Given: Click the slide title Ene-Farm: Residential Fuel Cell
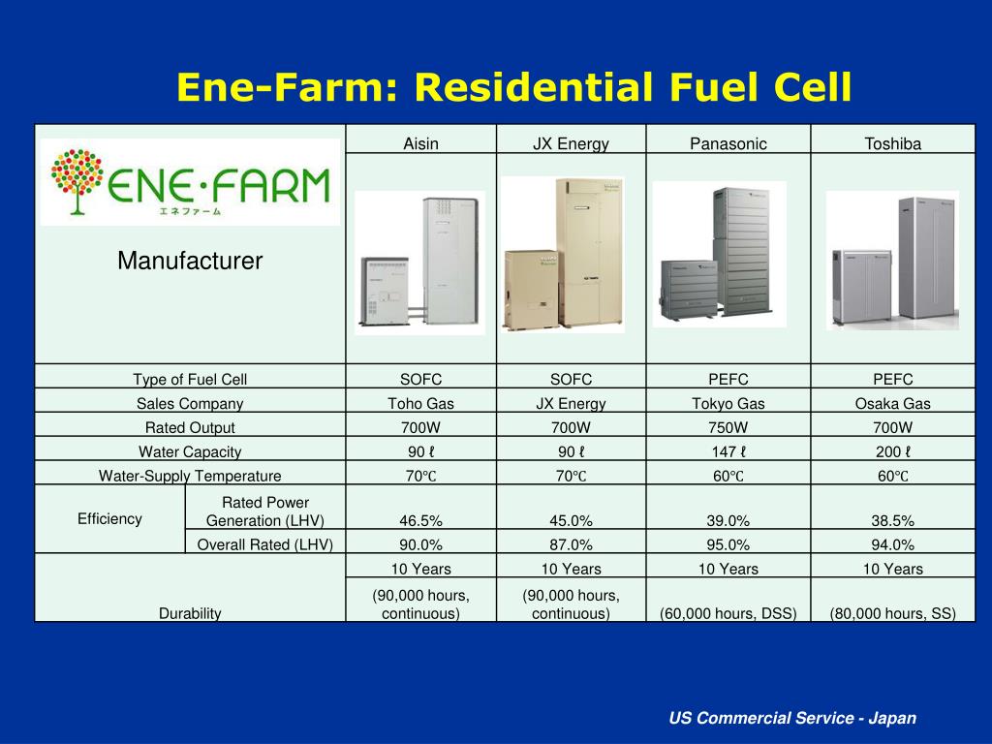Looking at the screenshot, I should click(513, 87).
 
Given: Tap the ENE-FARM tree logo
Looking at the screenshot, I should click(191, 182).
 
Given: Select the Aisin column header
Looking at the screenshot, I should click(420, 143).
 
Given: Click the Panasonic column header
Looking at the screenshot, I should click(728, 143).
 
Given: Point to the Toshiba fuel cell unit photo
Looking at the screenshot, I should click(891, 260).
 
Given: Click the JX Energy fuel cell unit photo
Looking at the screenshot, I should click(562, 255).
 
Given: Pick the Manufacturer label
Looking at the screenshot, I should click(190, 261).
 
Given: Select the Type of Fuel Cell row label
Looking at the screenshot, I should click(190, 379).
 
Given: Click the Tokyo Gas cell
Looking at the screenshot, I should click(728, 404).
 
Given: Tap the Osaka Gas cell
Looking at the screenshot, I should click(892, 404).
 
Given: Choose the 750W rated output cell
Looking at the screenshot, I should click(728, 427).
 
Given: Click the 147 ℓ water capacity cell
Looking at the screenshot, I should click(728, 451).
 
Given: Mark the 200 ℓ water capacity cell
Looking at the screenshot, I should click(892, 451).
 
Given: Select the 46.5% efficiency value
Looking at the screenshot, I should click(420, 520).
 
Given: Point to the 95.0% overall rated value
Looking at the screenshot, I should click(728, 544).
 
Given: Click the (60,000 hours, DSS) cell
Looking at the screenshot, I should click(728, 612).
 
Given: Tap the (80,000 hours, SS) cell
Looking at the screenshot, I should click(892, 612).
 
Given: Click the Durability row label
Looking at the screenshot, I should click(190, 612).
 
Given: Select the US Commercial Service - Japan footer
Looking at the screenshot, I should click(791, 718).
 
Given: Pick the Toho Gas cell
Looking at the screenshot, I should click(420, 404).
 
